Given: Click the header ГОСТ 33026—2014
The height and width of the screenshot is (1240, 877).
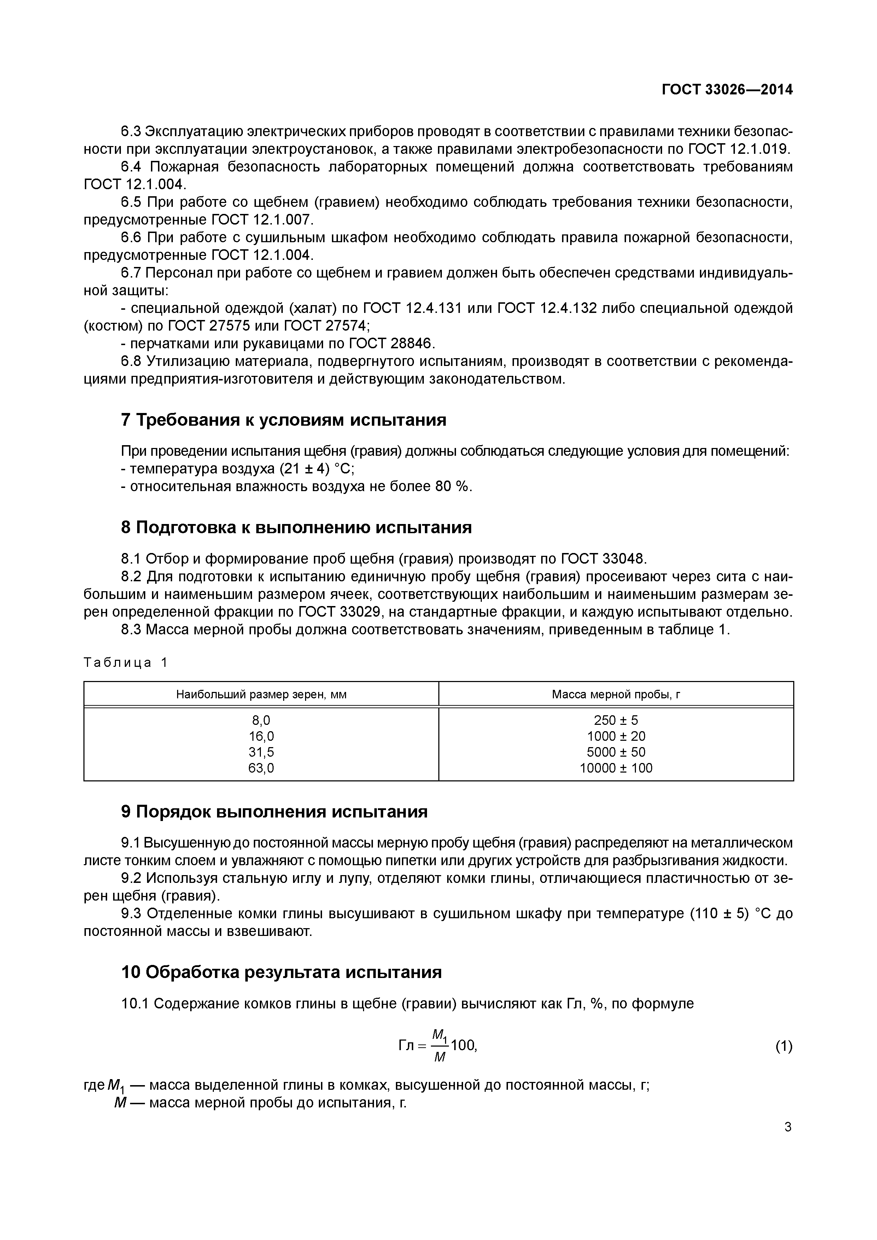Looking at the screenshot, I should tap(727, 90).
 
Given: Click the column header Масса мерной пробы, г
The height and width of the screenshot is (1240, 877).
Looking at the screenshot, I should tap(616, 694).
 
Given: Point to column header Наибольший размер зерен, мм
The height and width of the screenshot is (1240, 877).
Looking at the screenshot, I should tap(261, 694).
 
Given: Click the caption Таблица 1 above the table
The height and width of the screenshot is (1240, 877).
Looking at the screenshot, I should tap(126, 663).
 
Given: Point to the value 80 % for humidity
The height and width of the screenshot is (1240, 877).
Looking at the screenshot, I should tap(452, 486).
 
